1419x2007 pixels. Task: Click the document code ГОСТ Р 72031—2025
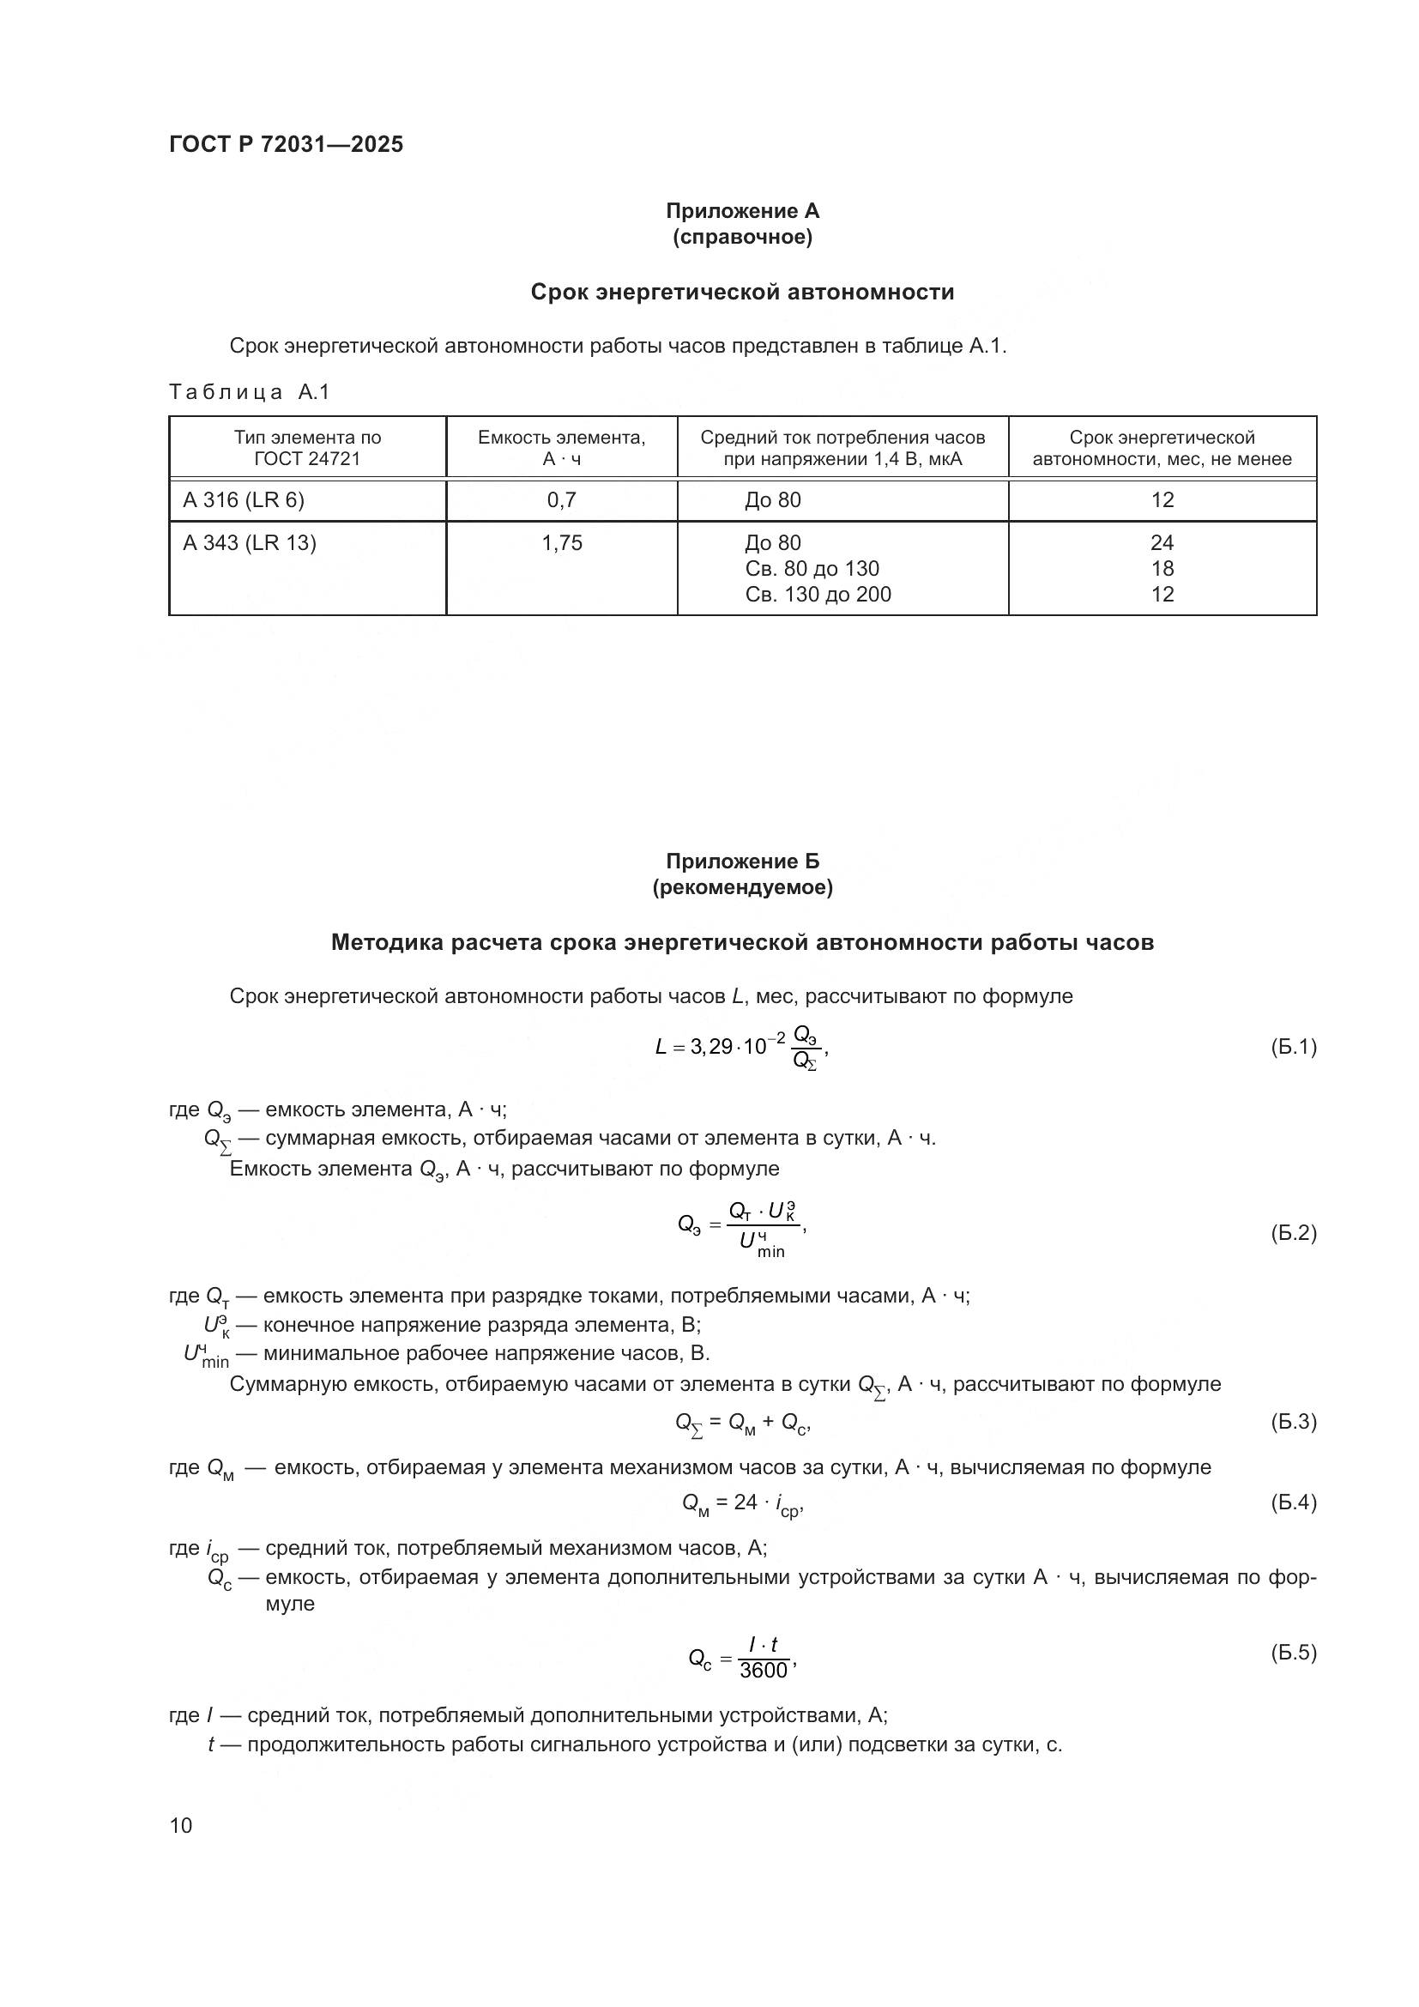286,144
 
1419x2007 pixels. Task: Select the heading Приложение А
742,211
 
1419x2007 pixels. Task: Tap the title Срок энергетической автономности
742,292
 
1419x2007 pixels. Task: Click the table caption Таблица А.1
249,392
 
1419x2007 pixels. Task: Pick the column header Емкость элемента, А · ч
561,448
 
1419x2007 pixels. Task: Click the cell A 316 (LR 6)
244,500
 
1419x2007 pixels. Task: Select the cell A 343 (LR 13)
250,543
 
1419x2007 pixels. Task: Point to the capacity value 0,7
561,500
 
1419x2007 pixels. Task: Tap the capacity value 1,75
561,543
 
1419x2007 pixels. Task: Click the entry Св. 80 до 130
812,569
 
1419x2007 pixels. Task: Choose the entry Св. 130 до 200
818,595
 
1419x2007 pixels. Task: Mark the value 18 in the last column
1162,569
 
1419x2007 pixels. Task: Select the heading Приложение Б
742,861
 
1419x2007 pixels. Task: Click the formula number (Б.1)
1292,1046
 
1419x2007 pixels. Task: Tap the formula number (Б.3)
1292,1421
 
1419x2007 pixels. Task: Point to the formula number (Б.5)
1292,1652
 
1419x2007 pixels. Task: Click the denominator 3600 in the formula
763,1671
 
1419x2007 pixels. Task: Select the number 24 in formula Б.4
746,1502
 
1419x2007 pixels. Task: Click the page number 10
181,1825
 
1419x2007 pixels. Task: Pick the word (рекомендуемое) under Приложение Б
742,887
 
